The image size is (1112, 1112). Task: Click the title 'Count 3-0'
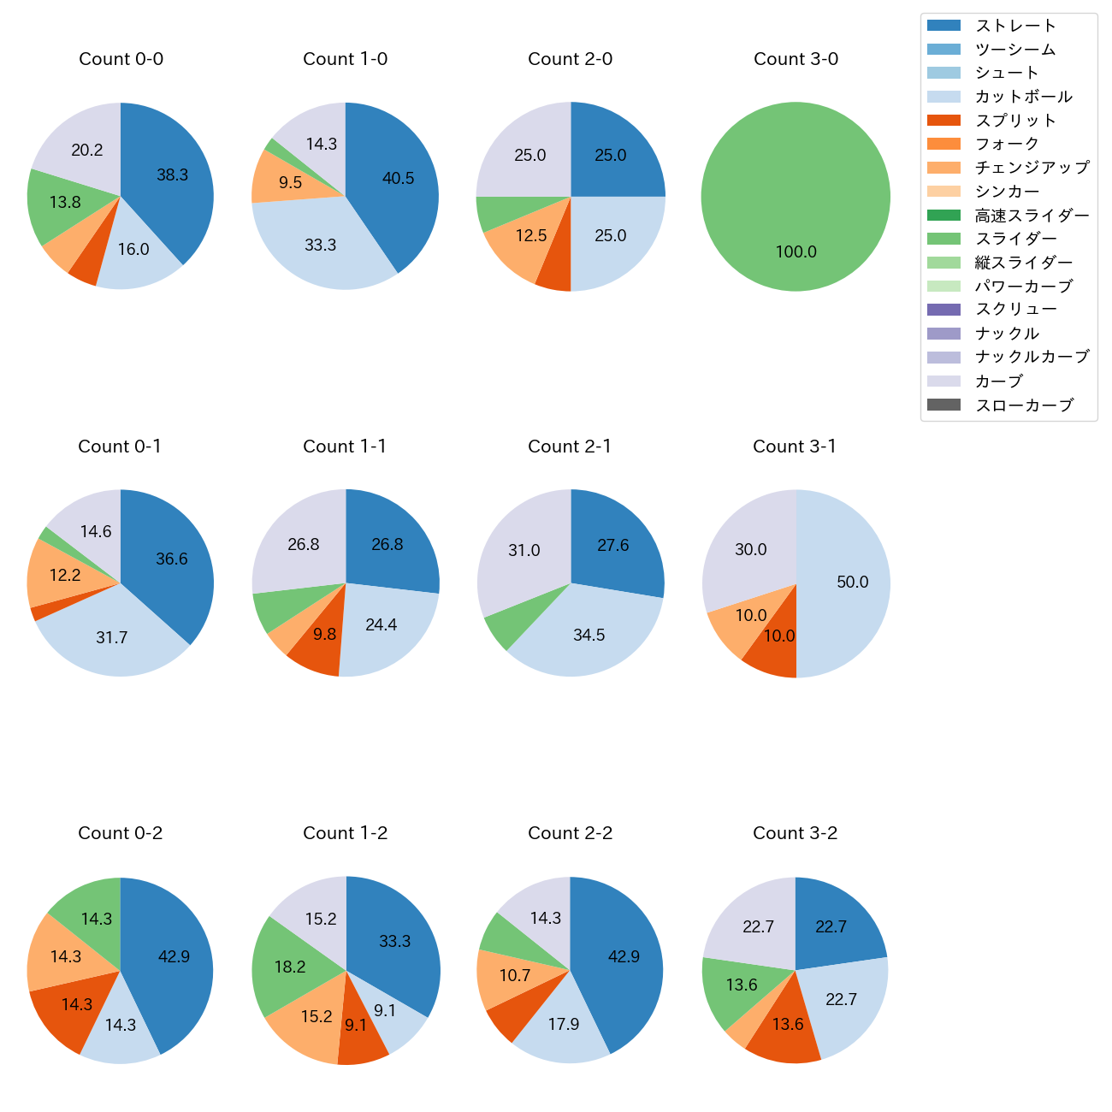796,59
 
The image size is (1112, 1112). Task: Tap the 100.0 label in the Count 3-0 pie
796,251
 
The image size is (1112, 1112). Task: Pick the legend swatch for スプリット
943,121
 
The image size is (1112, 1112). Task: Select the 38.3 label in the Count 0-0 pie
172,174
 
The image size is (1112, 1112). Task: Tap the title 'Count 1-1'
345,447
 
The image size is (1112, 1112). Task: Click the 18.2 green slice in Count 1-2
290,967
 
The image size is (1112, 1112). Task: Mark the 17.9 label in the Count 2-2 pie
564,1024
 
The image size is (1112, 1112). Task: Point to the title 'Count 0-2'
121,833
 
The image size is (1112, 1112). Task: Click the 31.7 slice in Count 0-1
112,637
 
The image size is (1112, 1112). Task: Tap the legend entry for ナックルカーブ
1032,358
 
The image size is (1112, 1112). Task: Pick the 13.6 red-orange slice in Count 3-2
787,1024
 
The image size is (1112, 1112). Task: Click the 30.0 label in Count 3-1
751,549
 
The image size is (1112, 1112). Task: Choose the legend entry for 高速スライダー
1032,216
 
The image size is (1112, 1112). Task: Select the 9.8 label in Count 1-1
324,634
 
